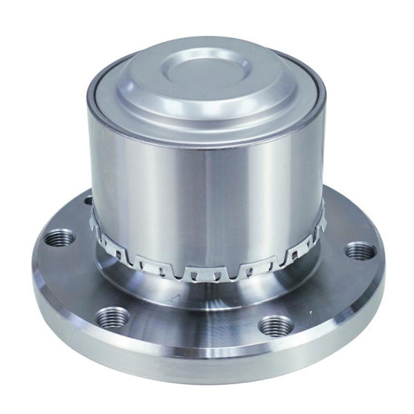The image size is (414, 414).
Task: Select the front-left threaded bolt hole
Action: click(x=112, y=317)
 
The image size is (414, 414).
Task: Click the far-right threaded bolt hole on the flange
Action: click(x=359, y=250)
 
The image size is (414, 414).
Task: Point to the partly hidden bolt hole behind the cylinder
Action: click(x=88, y=200)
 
